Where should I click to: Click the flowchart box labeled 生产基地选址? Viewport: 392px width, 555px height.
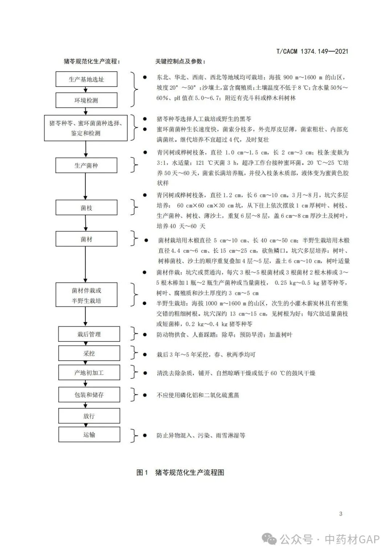(x=86, y=79)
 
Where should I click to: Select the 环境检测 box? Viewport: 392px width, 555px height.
(x=86, y=100)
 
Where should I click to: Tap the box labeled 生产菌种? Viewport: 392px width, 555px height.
(x=86, y=165)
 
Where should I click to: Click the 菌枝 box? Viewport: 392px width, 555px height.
(x=86, y=208)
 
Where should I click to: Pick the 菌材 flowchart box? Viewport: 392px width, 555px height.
(x=86, y=239)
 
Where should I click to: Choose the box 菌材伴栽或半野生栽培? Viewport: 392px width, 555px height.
(x=86, y=295)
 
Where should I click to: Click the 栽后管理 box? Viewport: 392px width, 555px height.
(x=89, y=334)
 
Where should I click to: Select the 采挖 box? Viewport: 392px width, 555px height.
(x=89, y=353)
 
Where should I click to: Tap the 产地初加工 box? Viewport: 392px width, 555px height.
(x=89, y=373)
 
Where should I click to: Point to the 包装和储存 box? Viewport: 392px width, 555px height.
(x=89, y=394)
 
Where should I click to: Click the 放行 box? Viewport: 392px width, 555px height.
(x=89, y=416)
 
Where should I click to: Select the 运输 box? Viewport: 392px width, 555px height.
(x=89, y=434)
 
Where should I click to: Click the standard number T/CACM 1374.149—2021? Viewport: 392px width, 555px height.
(x=312, y=51)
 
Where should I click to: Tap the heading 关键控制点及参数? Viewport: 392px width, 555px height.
(x=180, y=61)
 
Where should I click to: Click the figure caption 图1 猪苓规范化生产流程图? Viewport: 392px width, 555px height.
(x=180, y=472)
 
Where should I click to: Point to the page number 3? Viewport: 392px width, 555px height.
(x=340, y=514)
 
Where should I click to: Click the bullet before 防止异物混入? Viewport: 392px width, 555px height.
(x=145, y=435)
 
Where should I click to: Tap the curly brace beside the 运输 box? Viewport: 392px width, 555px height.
(x=135, y=435)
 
